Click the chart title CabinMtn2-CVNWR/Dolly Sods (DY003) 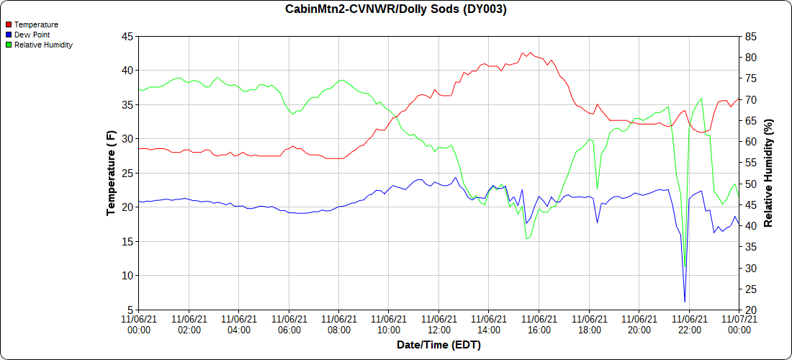click(x=396, y=9)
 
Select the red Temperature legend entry click(x=35, y=24)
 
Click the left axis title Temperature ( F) click(x=111, y=173)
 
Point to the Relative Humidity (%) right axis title click(x=768, y=173)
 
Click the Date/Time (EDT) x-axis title click(x=438, y=345)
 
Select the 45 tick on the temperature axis click(x=127, y=36)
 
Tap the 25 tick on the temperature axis click(x=127, y=173)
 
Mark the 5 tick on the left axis click(x=130, y=310)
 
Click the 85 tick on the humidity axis click(x=750, y=36)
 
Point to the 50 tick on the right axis click(x=750, y=184)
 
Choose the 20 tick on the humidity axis click(x=750, y=310)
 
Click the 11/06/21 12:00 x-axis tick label click(x=438, y=324)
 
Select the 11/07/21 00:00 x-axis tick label click(x=739, y=324)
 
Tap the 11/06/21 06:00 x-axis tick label click(x=289, y=324)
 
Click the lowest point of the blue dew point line click(x=685, y=302)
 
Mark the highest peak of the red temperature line click(x=523, y=52)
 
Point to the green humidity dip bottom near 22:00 click(x=685, y=267)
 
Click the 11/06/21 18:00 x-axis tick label click(x=589, y=324)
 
